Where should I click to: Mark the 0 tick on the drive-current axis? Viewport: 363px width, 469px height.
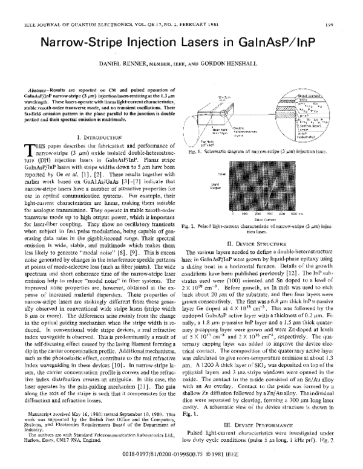tap(234, 214)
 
